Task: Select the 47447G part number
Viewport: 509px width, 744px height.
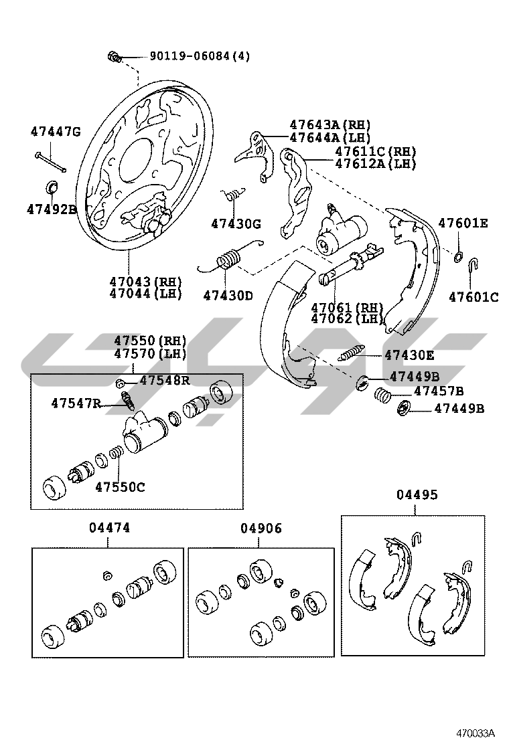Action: coord(55,132)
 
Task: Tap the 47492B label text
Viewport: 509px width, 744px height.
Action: coord(52,209)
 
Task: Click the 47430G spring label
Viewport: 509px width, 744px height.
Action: coord(236,223)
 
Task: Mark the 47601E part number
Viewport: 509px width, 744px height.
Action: coord(463,223)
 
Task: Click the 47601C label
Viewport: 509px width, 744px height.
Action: coord(474,297)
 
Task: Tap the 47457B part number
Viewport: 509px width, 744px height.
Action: coord(439,391)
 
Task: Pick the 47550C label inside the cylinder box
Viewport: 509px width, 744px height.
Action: coord(119,487)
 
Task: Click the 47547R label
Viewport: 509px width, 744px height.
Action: coord(76,403)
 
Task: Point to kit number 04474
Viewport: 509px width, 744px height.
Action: coord(109,528)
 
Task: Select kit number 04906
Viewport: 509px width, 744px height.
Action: coord(261,529)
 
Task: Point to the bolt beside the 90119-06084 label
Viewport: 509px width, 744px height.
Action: coord(114,57)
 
